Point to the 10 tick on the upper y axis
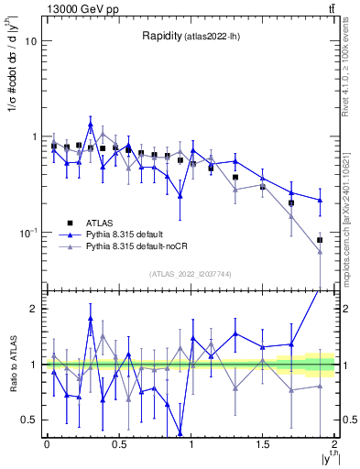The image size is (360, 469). [30, 41]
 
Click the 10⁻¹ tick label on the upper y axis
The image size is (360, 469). [27, 233]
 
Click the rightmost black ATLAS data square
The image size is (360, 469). [320, 240]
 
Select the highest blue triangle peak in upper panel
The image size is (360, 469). [91, 125]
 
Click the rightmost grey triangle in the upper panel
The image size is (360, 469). [320, 252]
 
